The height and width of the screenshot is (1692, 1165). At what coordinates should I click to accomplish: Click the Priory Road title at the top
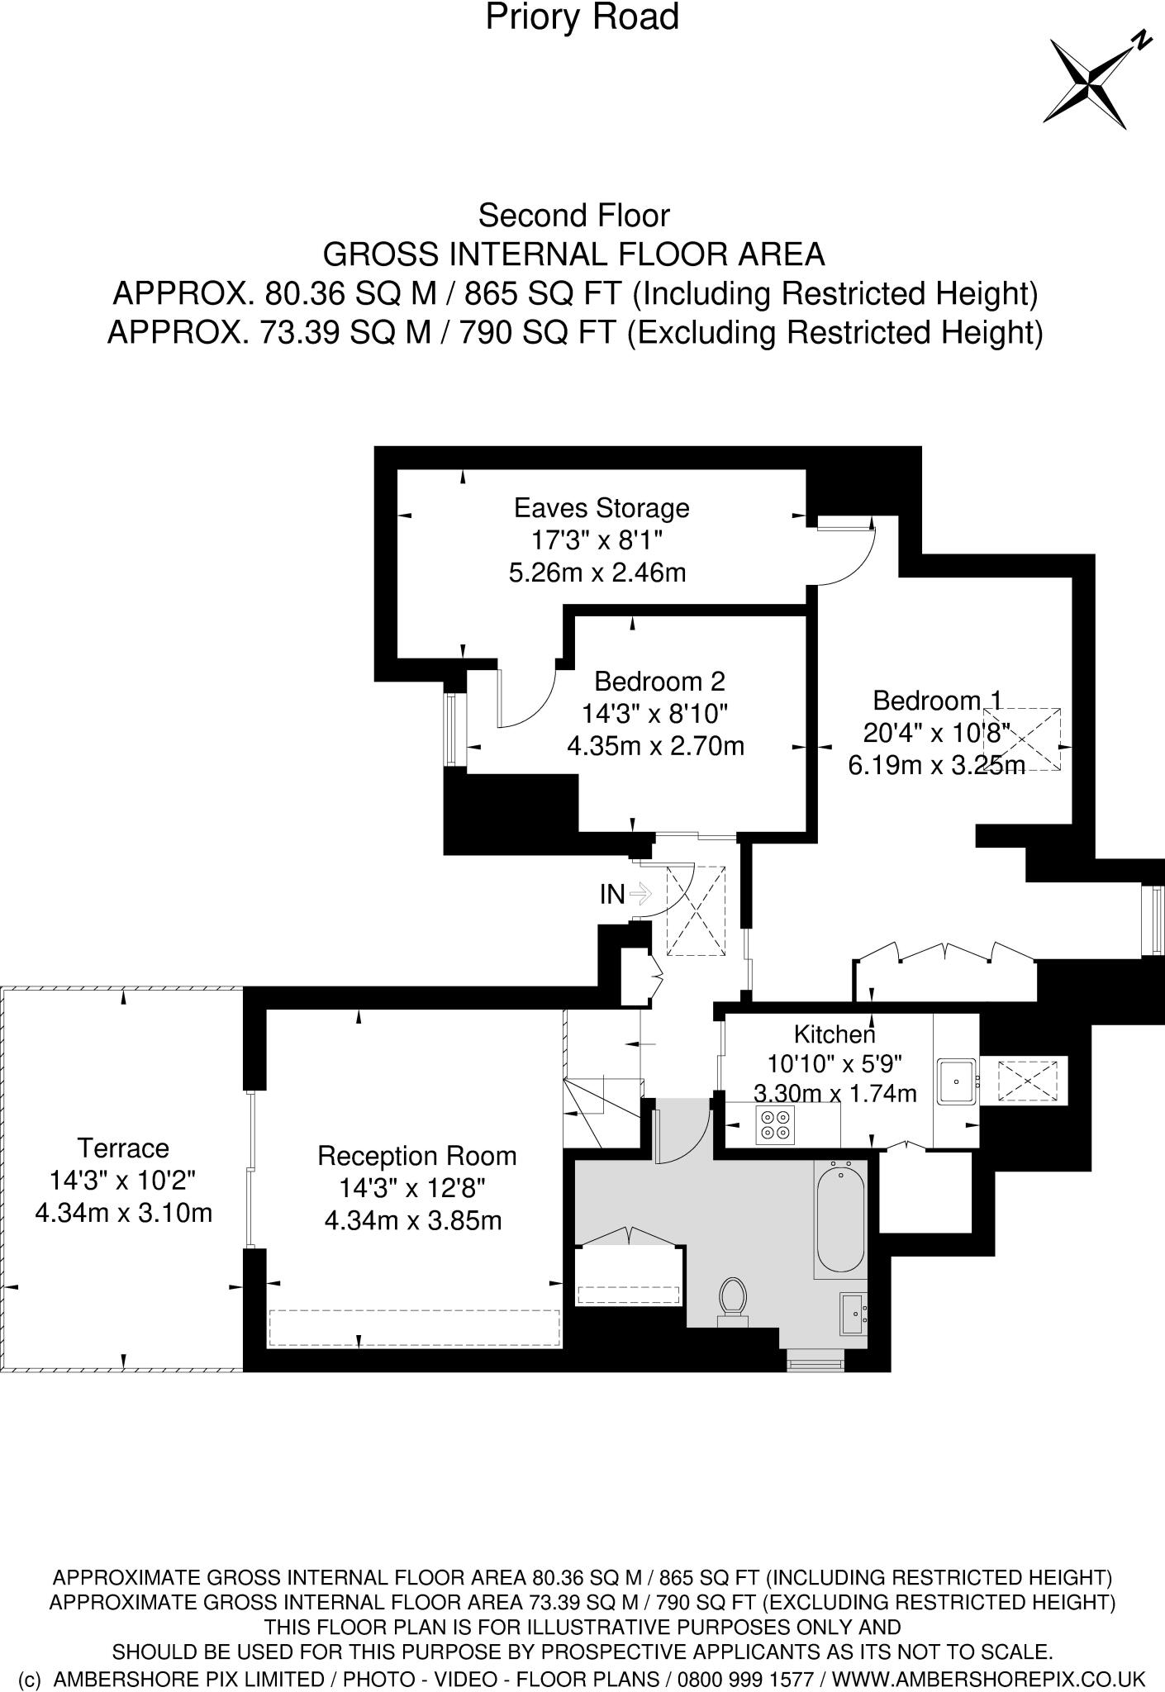tap(582, 17)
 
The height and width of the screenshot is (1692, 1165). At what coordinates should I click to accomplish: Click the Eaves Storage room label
tap(601, 506)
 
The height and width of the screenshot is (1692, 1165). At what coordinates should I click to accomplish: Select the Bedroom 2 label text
tap(659, 682)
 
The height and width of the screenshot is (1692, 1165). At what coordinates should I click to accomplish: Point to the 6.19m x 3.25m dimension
tap(935, 765)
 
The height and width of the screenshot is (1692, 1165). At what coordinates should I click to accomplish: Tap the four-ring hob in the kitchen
tap(775, 1125)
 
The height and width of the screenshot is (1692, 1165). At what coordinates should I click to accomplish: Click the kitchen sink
tap(956, 1081)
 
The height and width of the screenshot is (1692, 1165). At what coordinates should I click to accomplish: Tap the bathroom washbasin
tap(854, 1313)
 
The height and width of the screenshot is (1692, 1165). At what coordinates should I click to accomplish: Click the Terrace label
tap(123, 1148)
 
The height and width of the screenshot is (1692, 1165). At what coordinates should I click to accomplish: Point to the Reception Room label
tap(416, 1155)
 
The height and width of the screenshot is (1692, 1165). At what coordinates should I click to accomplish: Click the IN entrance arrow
tap(640, 893)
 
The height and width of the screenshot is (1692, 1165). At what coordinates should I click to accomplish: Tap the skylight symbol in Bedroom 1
tap(1021, 739)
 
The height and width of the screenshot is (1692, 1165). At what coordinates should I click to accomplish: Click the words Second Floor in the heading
tap(573, 216)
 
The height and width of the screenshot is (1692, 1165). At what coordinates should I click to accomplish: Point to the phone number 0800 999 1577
tap(744, 1679)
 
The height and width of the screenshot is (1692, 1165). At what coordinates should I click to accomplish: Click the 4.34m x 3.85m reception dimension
tap(412, 1220)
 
